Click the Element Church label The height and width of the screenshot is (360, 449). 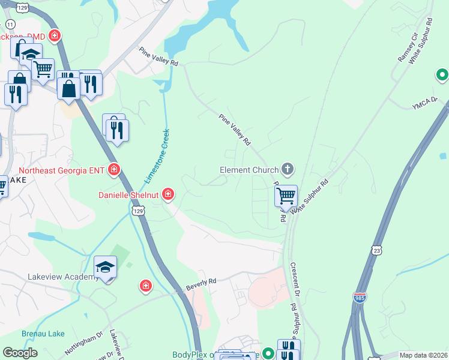[x=249, y=170]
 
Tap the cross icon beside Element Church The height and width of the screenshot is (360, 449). [x=288, y=169]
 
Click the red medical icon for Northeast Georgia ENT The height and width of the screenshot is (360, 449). [x=113, y=171]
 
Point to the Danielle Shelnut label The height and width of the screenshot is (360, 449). [x=129, y=194]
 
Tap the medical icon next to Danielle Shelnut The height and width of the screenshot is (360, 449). [x=168, y=193]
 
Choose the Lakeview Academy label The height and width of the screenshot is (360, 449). [x=62, y=277]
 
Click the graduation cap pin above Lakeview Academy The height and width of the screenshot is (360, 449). [x=105, y=267]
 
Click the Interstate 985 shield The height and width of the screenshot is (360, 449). [x=359, y=298]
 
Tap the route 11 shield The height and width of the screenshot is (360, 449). [x=10, y=23]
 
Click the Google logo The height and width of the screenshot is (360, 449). [x=20, y=353]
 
